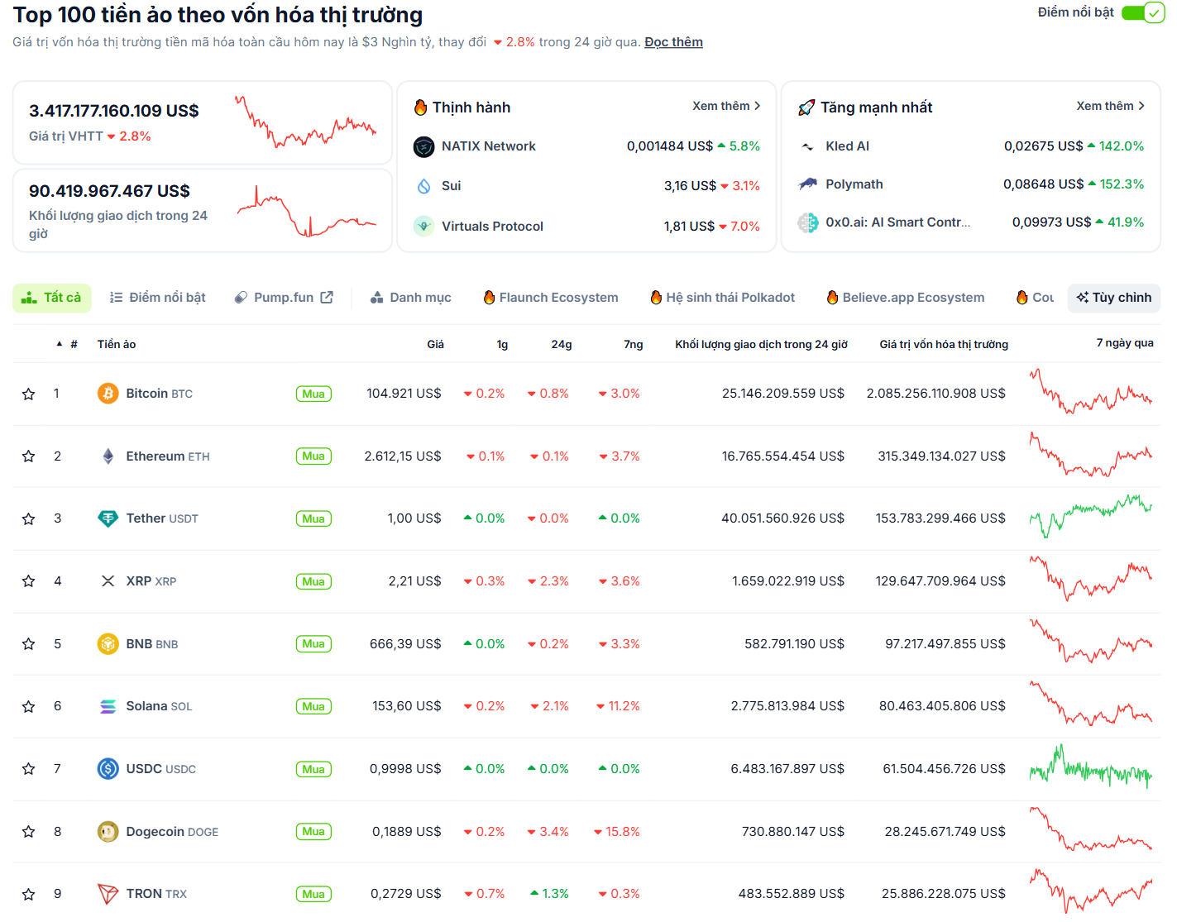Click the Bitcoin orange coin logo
108,394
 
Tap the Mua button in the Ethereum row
313,456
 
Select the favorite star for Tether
28,519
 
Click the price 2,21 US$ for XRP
414,581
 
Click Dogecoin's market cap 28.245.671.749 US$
945,832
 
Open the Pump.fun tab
284,298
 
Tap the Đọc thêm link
673,42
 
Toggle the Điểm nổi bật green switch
1143,13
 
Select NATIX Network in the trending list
488,146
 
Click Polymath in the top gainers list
854,184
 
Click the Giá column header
435,344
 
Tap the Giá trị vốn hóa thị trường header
943,344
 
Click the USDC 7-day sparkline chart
1090,769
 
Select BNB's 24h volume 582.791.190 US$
794,644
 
